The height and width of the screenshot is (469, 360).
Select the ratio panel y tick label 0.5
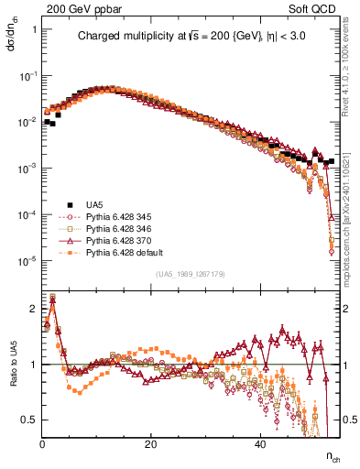click(29, 420)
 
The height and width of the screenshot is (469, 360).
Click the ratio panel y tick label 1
click(33, 365)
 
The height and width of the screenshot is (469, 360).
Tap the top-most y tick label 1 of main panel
click(33, 29)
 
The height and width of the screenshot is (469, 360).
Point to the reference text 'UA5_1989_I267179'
click(192, 274)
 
